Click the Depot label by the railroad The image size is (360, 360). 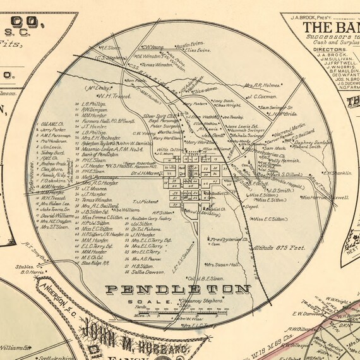[251, 207]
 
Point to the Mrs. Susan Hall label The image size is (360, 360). [222, 265]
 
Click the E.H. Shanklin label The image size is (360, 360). [337, 172]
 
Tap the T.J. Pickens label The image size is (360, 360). [145, 201]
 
